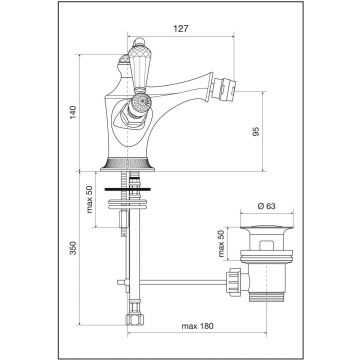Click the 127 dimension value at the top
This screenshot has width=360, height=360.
click(x=181, y=29)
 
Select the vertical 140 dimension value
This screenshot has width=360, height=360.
click(x=73, y=112)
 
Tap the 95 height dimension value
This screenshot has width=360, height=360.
click(x=256, y=131)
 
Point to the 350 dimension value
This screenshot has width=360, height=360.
click(x=73, y=248)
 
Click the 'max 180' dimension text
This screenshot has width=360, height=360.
click(x=197, y=326)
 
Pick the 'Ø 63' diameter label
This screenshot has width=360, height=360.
click(x=267, y=206)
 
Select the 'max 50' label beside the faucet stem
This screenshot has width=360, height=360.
click(x=90, y=199)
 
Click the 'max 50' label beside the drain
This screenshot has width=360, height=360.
click(x=221, y=243)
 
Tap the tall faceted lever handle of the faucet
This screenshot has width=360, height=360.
click(x=138, y=68)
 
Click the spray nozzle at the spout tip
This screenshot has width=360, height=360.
click(x=224, y=88)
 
